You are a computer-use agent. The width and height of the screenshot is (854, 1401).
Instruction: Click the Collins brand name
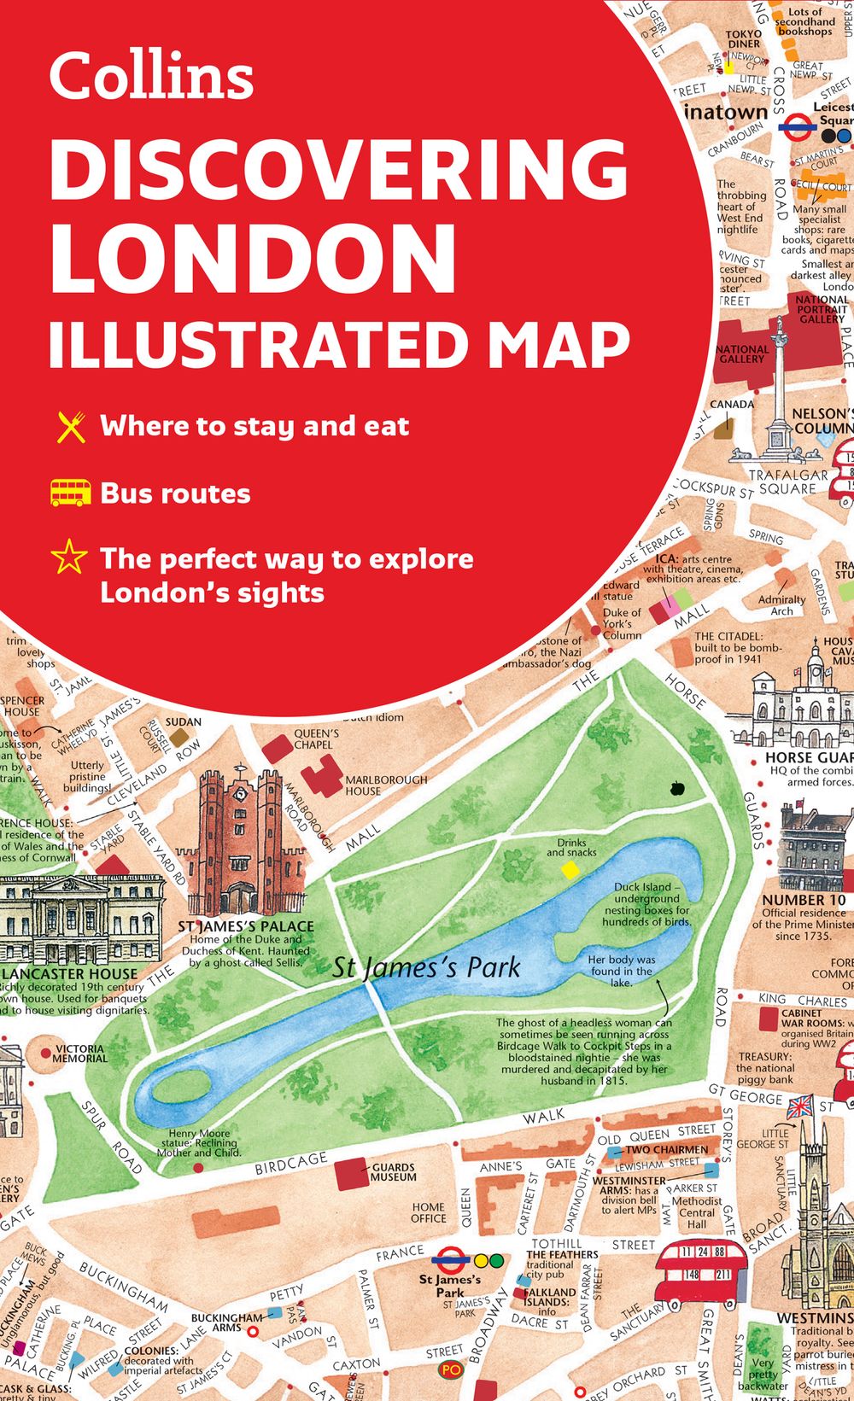(151, 77)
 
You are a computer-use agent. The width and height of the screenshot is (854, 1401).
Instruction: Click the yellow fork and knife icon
(71, 426)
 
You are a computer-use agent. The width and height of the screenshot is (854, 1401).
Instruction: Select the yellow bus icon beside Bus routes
(70, 493)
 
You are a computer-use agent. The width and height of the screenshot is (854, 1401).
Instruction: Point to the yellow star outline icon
(69, 558)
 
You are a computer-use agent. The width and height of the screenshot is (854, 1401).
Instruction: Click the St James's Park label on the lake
(425, 967)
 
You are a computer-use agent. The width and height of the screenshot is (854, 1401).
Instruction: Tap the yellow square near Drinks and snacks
(569, 870)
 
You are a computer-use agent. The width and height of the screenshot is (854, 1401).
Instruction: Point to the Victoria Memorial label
(80, 1053)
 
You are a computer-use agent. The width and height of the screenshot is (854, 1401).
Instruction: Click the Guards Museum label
(394, 1171)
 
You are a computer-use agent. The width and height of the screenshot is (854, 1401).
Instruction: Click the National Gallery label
(741, 353)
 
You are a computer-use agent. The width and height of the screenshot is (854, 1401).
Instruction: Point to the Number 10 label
(804, 900)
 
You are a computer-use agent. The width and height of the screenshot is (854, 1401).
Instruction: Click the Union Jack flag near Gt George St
(801, 1107)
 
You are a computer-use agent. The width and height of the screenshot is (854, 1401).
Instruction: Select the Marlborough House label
(374, 785)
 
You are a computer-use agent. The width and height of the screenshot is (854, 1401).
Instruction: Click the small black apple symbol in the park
(678, 787)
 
